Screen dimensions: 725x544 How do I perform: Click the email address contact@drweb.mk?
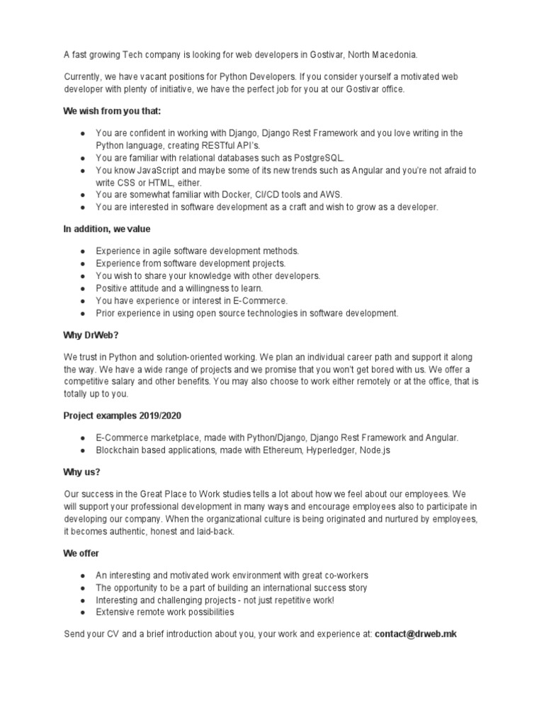click(416, 634)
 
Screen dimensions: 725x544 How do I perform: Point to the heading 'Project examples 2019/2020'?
click(117, 415)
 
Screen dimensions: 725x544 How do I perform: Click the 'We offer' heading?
click(81, 553)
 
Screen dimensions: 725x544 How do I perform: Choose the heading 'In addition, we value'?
click(106, 229)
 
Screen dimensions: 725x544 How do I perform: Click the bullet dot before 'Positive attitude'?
click(83, 288)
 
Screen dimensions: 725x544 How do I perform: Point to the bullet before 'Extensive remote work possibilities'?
click(83, 612)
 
